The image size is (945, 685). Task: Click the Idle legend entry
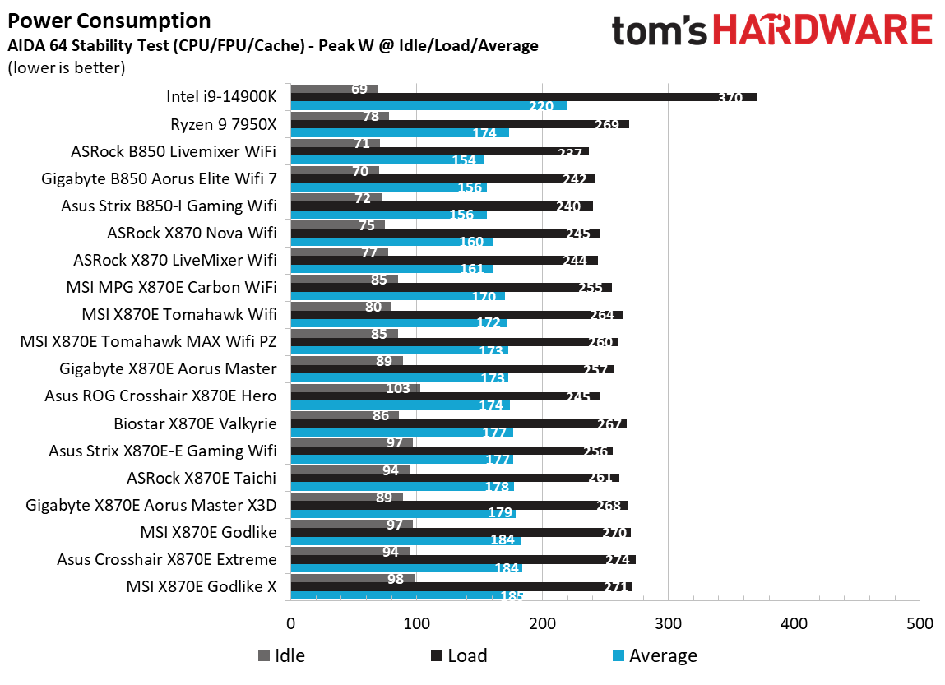point(281,655)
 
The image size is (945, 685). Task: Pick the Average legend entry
point(655,655)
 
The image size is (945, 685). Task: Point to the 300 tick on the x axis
point(668,623)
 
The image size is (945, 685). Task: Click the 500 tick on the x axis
point(919,623)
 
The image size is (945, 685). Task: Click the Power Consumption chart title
point(109,21)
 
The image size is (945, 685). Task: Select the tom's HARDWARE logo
point(771,30)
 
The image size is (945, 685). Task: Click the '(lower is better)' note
point(66,68)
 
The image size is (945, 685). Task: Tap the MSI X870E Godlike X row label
point(201,586)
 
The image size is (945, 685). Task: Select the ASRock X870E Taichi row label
point(201,478)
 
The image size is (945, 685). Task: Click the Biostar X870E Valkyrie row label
point(195,423)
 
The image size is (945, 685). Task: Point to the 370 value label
point(729,98)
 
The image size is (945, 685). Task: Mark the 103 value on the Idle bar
point(399,388)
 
